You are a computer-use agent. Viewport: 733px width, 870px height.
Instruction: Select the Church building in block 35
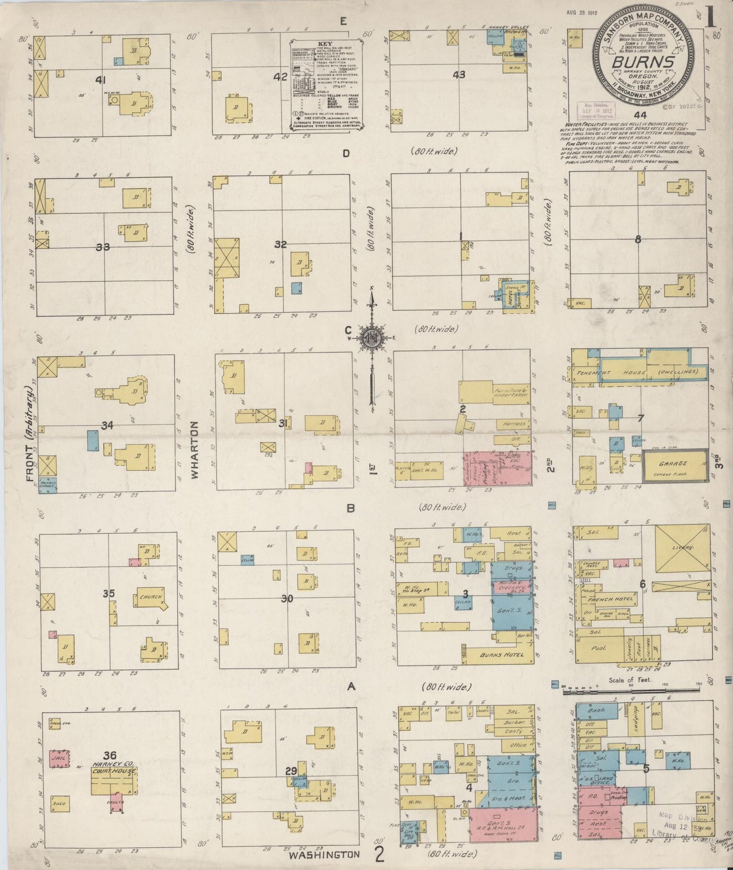151,597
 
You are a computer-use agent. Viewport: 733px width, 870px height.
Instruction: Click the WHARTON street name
195,449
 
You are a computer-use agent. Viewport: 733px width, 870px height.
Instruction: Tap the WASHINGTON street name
324,855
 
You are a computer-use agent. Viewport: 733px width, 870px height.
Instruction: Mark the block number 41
100,80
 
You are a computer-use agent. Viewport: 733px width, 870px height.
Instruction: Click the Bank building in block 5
597,711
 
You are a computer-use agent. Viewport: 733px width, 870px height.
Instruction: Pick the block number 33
103,247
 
